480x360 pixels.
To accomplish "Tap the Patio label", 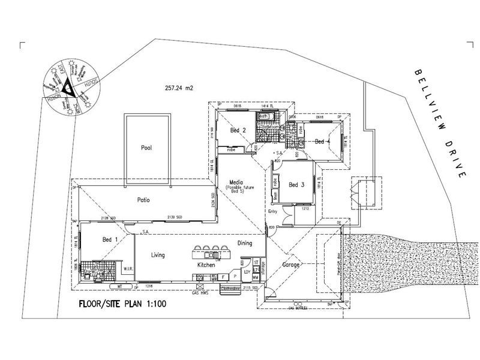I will point(142,200).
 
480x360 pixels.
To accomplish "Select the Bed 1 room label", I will point(110,239).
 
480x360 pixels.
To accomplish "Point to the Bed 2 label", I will point(238,130).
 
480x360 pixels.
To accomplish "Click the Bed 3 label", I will point(297,184).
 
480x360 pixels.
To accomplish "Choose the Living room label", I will point(158,255).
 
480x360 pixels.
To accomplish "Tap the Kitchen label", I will point(207,265).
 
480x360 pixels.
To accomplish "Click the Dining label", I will point(245,243).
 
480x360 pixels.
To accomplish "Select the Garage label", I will point(292,265).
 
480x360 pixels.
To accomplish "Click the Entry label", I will point(273,211).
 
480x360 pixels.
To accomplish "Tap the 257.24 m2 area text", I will point(179,88).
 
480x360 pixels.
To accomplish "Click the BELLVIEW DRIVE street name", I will point(440,122).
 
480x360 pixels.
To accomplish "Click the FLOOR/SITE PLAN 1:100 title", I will point(122,304).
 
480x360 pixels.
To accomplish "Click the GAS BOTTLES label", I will point(298,307).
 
